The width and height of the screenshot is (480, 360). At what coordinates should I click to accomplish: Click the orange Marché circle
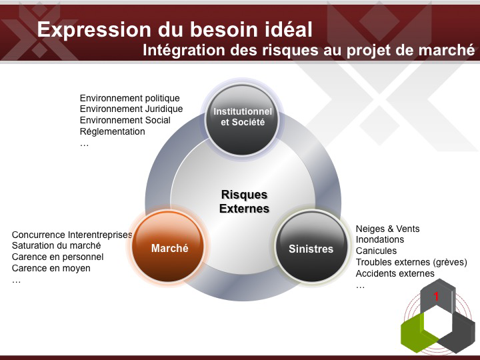coord(168,247)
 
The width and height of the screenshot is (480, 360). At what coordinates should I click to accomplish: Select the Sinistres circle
coord(311,247)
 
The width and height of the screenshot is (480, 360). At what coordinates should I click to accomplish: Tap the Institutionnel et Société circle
coord(242,120)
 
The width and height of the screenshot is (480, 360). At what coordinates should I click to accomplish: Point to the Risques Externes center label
coord(244,201)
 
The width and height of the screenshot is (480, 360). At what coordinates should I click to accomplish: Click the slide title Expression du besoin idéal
coord(175,29)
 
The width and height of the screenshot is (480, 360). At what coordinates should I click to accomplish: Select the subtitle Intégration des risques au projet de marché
coord(309,50)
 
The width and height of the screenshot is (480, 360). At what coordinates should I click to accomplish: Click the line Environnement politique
coord(130,98)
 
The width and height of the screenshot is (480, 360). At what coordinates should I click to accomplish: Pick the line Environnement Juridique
coord(131,109)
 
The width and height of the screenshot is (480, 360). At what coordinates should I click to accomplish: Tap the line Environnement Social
coord(125,120)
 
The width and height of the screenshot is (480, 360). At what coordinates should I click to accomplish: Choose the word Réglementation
coord(113,131)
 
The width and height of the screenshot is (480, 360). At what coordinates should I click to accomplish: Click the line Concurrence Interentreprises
coord(72,235)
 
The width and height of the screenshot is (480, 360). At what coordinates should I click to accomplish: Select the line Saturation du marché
coord(56,245)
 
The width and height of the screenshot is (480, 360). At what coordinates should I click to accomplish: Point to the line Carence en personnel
coord(57,257)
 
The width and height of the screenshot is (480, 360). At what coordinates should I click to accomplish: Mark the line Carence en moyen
coord(51,268)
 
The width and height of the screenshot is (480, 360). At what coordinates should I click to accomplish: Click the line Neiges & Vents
coord(387,229)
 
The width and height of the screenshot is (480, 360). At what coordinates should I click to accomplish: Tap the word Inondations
coord(380,239)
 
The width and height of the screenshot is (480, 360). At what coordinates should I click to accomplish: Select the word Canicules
coord(376,251)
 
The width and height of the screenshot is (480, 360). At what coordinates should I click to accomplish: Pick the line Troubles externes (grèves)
coord(411,263)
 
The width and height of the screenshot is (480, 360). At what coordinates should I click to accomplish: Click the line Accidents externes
coord(395,273)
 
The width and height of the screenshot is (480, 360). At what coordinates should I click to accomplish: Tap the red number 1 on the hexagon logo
coord(436,296)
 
